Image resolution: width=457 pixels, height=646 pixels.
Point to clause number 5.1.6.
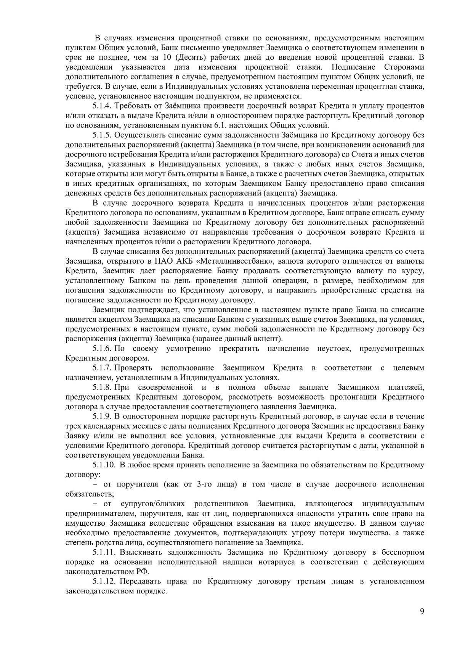coord(102,349)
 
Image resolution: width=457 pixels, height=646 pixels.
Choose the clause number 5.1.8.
coord(102,387)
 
